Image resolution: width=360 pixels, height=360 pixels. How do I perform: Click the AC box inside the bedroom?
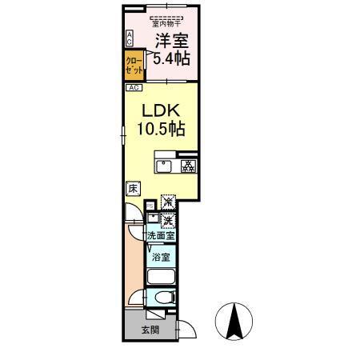pos(130,38)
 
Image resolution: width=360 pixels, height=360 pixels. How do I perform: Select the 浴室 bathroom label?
pos(162,257)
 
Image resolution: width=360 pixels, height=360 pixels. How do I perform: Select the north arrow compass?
pos(234,322)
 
